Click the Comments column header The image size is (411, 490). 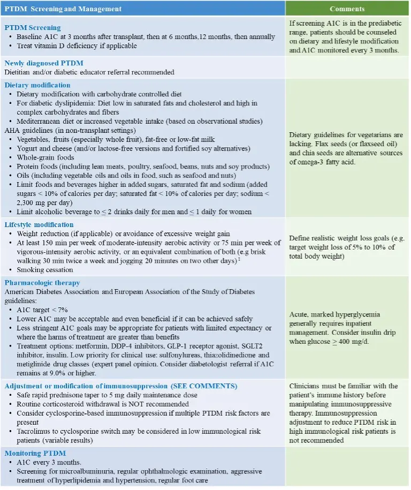[347, 9]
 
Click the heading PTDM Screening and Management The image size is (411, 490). [63, 9]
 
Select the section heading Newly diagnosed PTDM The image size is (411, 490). [44, 63]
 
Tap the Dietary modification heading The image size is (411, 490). [37, 85]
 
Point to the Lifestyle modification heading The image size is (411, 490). [39, 224]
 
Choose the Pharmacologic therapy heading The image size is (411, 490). [42, 282]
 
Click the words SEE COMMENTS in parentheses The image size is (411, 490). [204, 386]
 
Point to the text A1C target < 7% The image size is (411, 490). [42, 310]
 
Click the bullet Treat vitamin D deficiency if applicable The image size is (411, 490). [77, 46]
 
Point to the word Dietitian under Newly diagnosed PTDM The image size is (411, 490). [18, 72]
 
